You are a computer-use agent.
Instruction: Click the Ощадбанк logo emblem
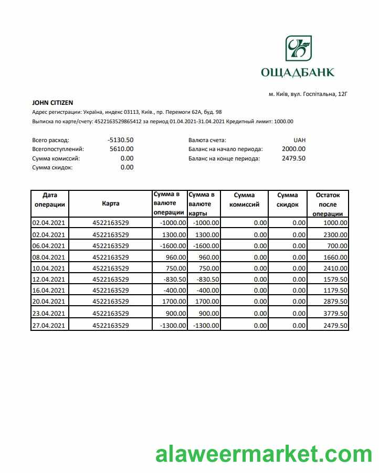[x=298, y=48]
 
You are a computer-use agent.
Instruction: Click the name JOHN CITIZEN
[x=52, y=103]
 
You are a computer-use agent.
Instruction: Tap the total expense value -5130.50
[x=120, y=140]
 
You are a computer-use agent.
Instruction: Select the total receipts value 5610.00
[x=121, y=149]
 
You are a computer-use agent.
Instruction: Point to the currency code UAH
[x=300, y=140]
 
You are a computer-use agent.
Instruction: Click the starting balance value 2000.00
[x=293, y=149]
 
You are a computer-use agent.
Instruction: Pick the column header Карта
[x=110, y=203]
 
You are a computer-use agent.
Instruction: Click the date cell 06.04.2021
[x=49, y=245]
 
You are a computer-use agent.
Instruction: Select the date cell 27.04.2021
[x=49, y=326]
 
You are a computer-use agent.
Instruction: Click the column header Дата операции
[x=49, y=200]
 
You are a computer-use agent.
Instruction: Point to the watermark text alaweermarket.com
[x=264, y=454]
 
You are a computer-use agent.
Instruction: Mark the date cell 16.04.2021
[x=49, y=291]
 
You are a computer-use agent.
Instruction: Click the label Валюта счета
[x=207, y=141]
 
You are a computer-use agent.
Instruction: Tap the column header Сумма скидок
[x=288, y=200]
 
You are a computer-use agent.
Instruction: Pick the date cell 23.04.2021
[x=49, y=314]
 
